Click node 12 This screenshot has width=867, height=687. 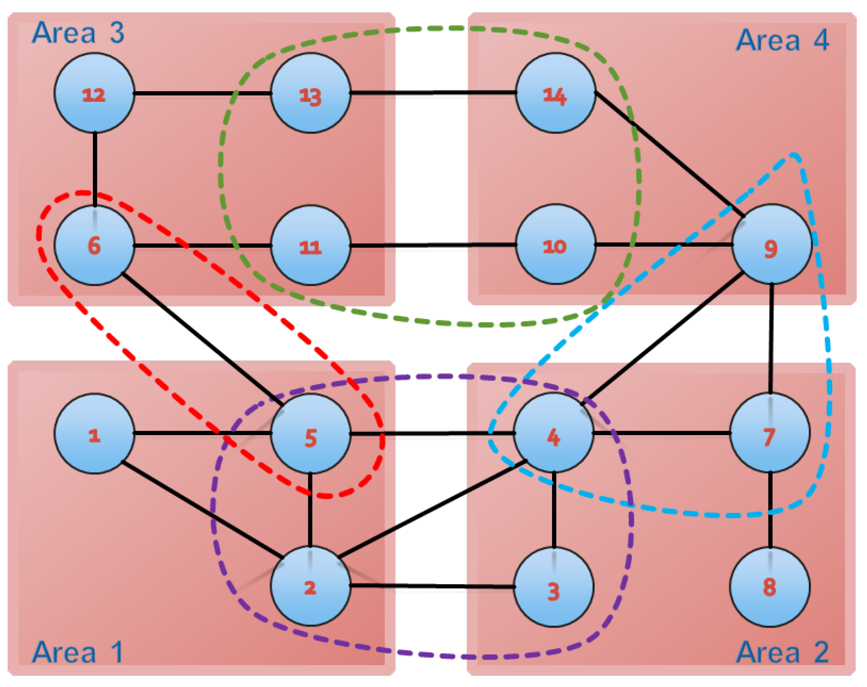point(94,93)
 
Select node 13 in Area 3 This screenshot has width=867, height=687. point(310,93)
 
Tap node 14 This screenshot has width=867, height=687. point(555,93)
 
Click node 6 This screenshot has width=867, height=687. point(94,245)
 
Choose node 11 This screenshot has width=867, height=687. point(310,245)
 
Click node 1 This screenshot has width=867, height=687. point(94,433)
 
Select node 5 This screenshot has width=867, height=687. point(310,433)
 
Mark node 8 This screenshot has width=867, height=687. point(770,587)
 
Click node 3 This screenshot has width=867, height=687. point(554,587)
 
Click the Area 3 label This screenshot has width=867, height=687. point(78,33)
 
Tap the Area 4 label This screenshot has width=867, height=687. point(782,40)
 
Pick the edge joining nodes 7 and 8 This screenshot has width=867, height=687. point(770,510)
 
